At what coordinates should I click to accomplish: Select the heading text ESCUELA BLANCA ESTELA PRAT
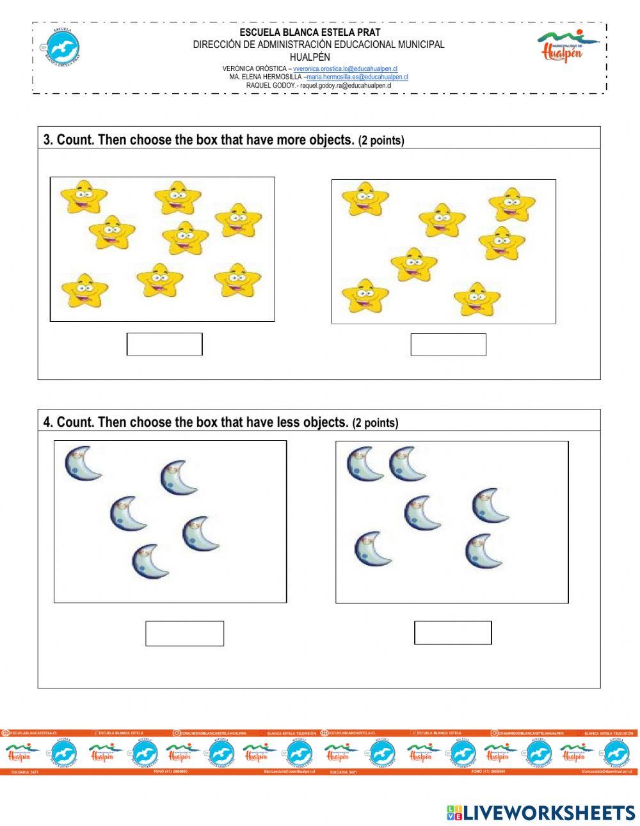310,32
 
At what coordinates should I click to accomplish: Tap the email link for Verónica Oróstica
346,68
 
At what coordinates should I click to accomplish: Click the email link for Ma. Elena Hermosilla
357,77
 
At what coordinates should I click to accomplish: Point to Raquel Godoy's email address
346,85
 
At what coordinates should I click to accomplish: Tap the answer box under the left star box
164,344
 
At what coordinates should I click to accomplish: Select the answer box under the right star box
448,344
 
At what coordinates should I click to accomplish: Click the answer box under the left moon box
184,633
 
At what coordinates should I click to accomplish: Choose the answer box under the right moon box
452,633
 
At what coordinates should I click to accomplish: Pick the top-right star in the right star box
512,204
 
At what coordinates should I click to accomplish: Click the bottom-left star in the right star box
365,296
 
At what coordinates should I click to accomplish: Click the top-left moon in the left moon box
83,463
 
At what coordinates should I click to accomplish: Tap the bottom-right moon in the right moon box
483,551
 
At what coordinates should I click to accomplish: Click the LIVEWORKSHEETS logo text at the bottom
541,813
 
